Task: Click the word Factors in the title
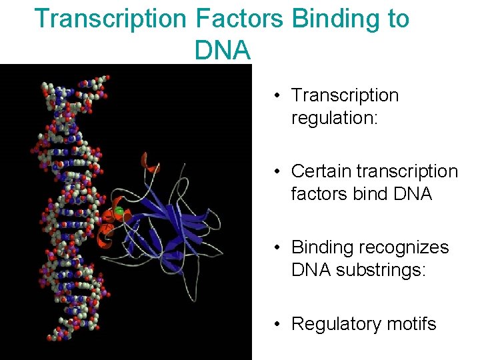[241, 19]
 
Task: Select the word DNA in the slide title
[223, 49]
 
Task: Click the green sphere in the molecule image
[120, 212]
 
